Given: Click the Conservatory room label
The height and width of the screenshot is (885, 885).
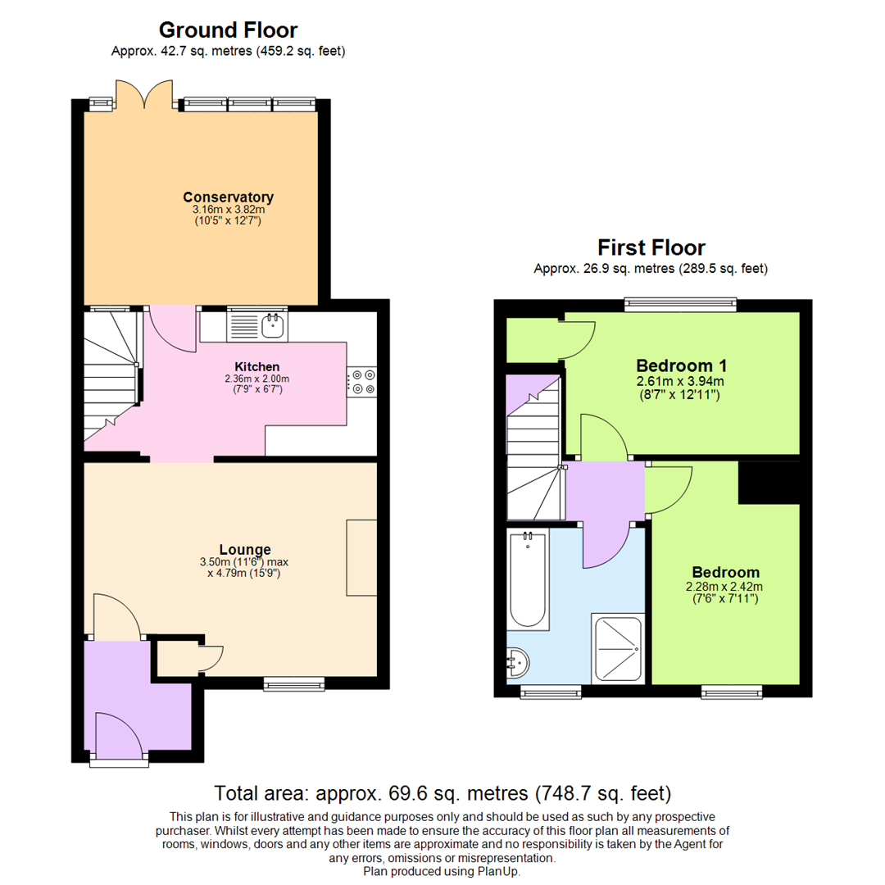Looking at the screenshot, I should [x=228, y=197].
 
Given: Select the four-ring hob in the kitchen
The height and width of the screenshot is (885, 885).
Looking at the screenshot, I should [x=363, y=383].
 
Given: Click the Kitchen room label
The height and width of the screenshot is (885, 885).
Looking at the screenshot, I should [x=257, y=366].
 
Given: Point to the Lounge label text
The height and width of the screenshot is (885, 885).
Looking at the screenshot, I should [x=245, y=549].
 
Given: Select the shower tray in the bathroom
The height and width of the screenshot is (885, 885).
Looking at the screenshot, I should [x=617, y=647].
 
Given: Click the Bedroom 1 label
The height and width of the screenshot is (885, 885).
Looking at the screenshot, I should [x=682, y=365].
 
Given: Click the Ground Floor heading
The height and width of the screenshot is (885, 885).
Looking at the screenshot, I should [x=228, y=30].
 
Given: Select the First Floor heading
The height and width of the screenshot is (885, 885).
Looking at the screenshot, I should [x=651, y=247].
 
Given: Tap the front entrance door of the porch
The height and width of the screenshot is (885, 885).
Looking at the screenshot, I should [x=120, y=736].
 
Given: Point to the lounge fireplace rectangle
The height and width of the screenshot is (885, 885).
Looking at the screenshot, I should [x=361, y=557].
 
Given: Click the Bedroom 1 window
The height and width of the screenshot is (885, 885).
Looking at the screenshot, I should [x=680, y=305].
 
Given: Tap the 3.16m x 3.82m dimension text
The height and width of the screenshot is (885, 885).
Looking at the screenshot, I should [x=228, y=210].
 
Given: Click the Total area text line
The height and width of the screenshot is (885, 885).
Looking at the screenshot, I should [x=442, y=793].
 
